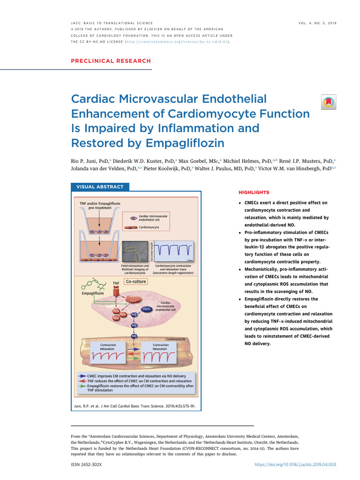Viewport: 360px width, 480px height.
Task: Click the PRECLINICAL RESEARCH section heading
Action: [111, 61]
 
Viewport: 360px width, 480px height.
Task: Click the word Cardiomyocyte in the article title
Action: [247, 113]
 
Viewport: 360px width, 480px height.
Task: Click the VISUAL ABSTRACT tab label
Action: [100, 187]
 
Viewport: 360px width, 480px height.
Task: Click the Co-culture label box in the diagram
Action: [136, 282]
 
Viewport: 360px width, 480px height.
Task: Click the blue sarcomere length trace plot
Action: [173, 252]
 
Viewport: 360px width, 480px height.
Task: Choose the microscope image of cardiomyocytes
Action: [135, 253]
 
